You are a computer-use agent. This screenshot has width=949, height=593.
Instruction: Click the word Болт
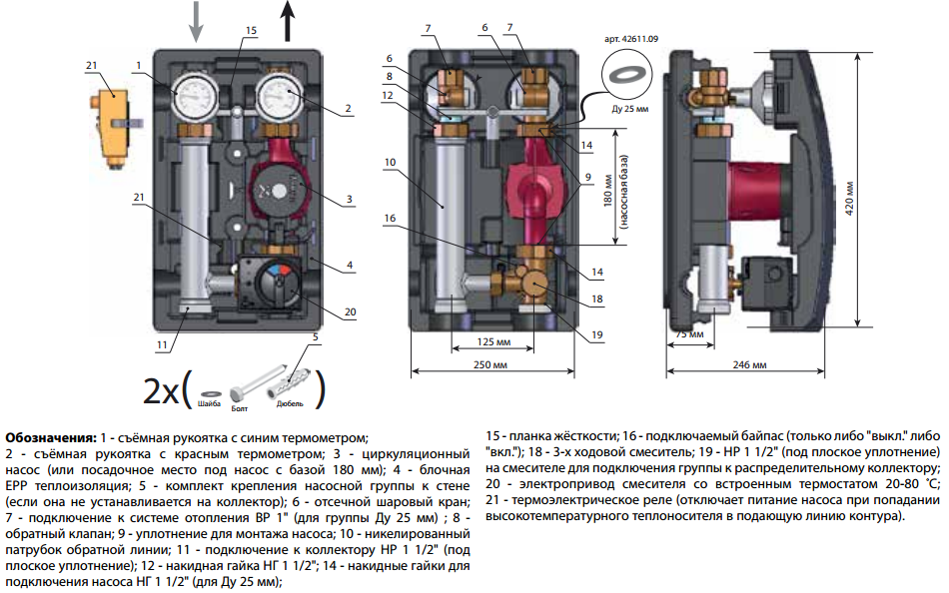pos(240,409)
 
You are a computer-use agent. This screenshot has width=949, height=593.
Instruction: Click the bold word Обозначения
pos(51,437)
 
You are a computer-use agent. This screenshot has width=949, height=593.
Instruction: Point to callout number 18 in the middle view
pos(596,297)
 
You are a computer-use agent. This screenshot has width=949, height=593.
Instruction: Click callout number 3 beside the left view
pos(350,200)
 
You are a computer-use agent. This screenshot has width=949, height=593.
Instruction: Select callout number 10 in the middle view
pos(389,162)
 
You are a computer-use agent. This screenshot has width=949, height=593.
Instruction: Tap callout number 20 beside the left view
pos(350,312)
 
